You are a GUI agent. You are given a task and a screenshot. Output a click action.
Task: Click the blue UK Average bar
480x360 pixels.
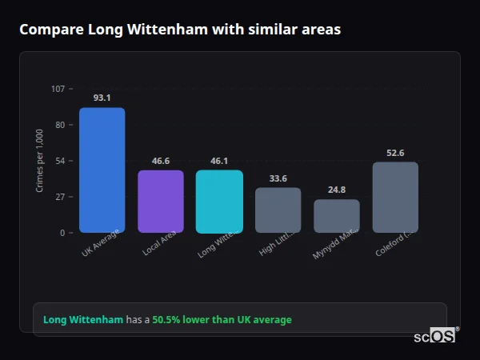point(102,170)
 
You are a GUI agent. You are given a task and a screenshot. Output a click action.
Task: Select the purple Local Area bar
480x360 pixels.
point(161,201)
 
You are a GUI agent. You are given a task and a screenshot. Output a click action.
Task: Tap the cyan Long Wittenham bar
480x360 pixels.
point(219,201)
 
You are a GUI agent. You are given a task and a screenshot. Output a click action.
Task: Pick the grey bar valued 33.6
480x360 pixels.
point(278,210)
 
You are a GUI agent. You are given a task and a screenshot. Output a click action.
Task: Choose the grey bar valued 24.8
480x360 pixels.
point(337,216)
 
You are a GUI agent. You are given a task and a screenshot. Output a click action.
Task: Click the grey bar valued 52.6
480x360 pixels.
point(395,197)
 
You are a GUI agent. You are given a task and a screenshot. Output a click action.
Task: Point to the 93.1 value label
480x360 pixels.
point(102,98)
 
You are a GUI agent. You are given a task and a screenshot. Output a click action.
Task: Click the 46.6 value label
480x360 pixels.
point(161,161)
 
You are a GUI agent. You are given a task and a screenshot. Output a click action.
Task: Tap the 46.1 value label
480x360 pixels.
point(219,161)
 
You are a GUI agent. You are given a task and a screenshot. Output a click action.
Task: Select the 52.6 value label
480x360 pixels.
point(395,153)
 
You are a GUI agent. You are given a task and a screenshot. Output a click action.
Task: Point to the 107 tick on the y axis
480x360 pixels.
point(58,88)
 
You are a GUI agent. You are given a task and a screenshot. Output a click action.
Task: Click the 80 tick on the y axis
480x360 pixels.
point(59,125)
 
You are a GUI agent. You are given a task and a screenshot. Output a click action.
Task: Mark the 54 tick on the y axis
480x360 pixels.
point(59,161)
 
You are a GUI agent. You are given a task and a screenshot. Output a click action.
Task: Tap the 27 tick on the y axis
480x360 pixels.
point(59,197)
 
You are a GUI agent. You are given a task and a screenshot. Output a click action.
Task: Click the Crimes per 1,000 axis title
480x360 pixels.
point(39,160)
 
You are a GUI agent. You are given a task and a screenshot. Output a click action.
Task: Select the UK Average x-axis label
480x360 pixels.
point(101,243)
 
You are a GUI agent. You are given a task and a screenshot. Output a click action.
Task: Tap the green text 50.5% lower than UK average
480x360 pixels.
point(222,320)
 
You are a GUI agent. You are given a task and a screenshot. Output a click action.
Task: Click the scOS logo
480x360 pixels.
point(435,337)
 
